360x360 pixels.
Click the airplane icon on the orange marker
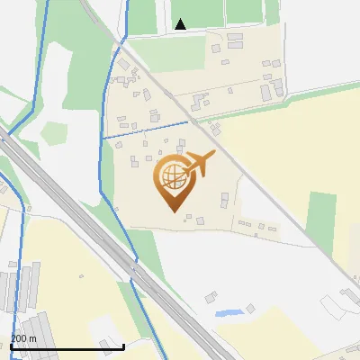click(x=199, y=166)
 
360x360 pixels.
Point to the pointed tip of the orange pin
click(x=173, y=211)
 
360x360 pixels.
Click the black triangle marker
click(x=181, y=24)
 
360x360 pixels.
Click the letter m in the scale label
click(x=34, y=338)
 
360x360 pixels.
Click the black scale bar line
click(x=67, y=346)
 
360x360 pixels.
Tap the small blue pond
click(x=229, y=313)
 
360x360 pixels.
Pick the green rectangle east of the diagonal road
click(x=321, y=216)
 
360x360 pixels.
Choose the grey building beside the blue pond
click(x=251, y=309)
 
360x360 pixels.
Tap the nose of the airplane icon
click(x=213, y=155)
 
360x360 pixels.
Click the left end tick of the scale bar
click(x=11, y=346)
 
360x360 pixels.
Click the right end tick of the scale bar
click(x=123, y=346)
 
